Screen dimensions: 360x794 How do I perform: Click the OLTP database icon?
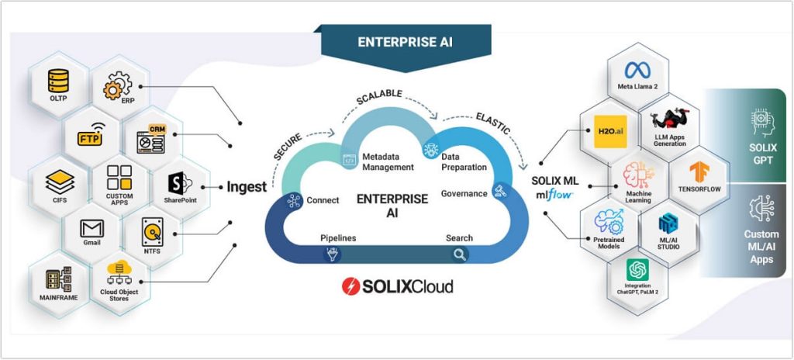pyautogui.click(x=59, y=78)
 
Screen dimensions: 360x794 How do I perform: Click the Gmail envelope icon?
pyautogui.click(x=92, y=229)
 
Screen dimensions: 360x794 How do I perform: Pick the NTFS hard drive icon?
pyautogui.click(x=151, y=230)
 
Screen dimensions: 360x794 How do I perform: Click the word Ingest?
pyautogui.click(x=246, y=187)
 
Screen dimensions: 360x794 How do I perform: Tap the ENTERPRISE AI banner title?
pyautogui.click(x=402, y=42)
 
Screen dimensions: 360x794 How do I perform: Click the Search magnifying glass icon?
pyautogui.click(x=461, y=254)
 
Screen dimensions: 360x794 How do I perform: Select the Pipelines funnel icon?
pyautogui.click(x=332, y=254)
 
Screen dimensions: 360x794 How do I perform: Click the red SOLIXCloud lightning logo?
pyautogui.click(x=351, y=286)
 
